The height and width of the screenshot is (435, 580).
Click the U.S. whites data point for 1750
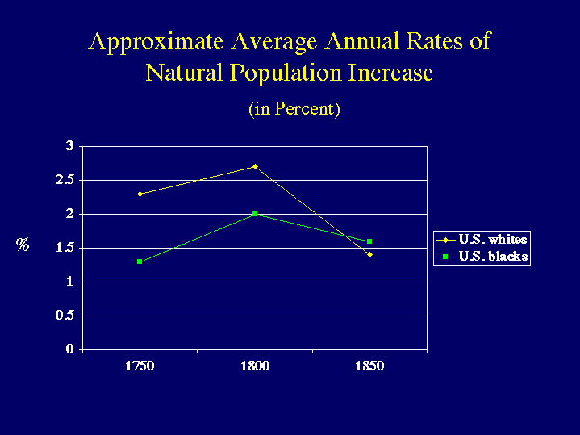coord(140,194)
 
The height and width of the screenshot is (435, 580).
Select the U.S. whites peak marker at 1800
coord(255,166)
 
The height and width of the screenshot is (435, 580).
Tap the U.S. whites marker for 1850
coord(369,255)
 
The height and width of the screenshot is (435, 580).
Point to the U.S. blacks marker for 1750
coord(140,261)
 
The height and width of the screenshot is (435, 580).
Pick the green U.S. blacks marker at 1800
coord(255,214)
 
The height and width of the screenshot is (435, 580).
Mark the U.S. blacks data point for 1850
coord(369,241)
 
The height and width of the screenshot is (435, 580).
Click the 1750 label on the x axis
coord(140,366)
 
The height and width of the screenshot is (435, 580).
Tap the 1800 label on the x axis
coord(255,366)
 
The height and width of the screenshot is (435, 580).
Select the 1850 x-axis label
coord(369,366)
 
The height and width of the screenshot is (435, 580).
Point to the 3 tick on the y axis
coord(70,146)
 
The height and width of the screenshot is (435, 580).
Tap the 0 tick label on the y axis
coord(70,349)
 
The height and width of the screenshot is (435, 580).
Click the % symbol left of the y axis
coord(23,245)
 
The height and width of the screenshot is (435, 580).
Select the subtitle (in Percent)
coord(294,108)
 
